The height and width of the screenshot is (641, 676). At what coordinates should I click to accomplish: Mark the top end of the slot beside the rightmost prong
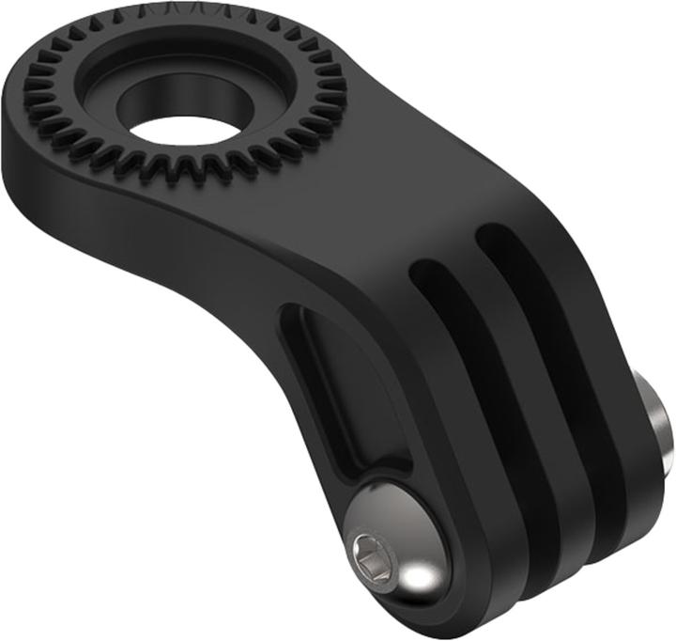[x=488, y=235]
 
